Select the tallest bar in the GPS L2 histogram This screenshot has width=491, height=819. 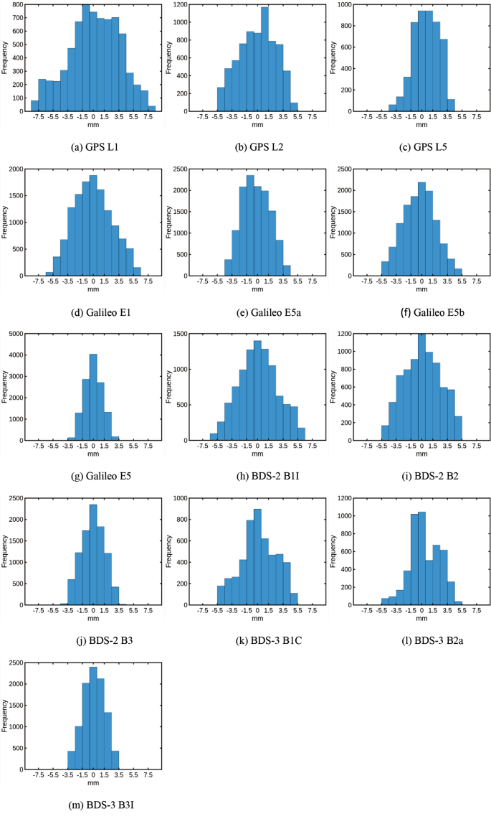(264, 60)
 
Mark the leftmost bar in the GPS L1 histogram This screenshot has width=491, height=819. (34, 106)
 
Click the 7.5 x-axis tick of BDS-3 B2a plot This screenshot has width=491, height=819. (477, 614)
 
